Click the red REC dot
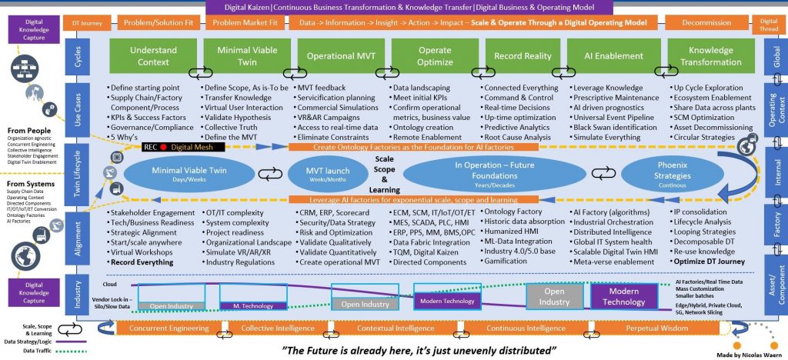tap(163, 146)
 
